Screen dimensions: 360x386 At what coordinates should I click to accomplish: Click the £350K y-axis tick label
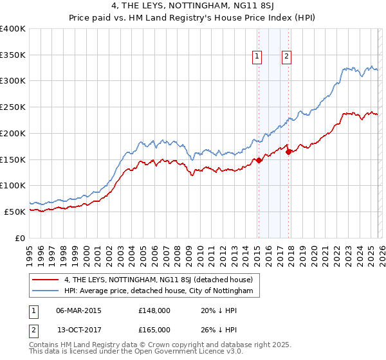(13, 55)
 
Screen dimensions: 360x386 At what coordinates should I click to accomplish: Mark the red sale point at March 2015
(259, 161)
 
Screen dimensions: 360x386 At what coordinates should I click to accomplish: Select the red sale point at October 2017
(288, 152)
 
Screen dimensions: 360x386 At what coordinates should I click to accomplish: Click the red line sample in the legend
(45, 280)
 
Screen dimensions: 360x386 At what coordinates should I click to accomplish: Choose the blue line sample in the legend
(45, 291)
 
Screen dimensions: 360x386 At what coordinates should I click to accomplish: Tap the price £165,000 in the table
(154, 329)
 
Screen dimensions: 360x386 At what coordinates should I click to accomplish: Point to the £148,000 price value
(154, 310)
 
